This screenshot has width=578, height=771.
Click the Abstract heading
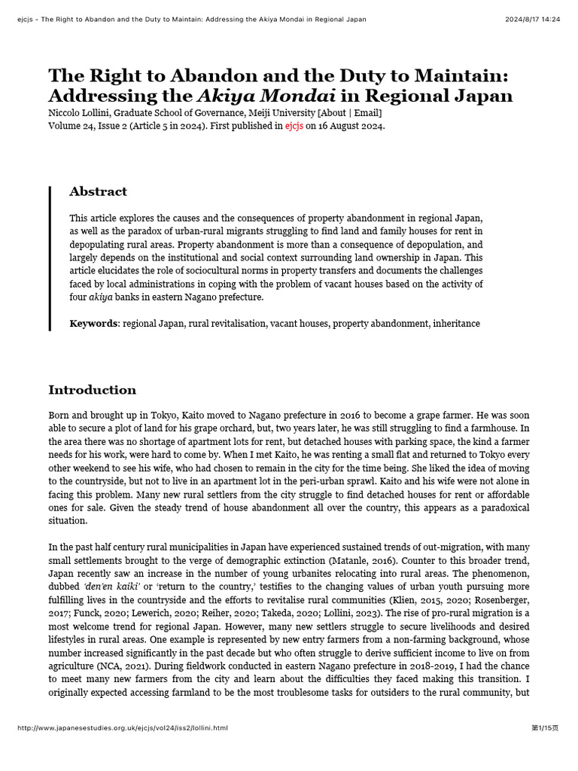(98, 192)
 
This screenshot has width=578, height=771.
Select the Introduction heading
(93, 390)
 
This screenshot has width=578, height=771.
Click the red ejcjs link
(294, 126)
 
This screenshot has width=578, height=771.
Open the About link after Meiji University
(333, 113)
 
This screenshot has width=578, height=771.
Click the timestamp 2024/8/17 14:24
(532, 19)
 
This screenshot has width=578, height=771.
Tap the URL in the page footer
(122, 728)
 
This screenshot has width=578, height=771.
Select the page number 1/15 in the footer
(545, 728)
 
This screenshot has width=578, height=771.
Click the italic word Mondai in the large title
(298, 96)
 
